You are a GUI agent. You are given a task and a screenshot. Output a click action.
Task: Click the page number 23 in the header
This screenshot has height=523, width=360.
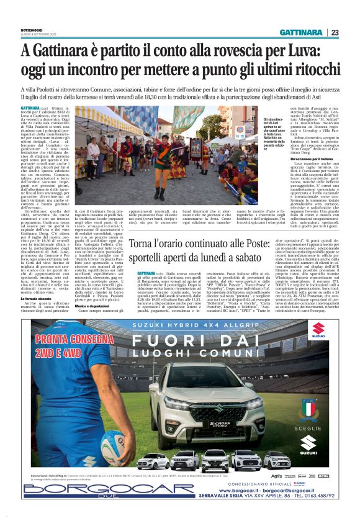tap(335, 32)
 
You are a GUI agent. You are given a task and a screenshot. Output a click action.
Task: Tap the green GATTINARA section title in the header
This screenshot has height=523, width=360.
tap(300, 32)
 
